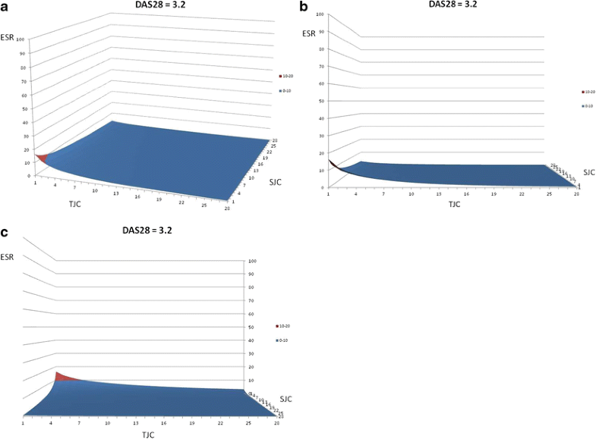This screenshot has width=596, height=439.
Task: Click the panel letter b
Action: tap(304, 7)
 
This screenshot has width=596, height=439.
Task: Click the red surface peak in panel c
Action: tap(61, 376)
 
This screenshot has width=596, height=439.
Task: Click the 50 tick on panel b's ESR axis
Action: tap(322, 101)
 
